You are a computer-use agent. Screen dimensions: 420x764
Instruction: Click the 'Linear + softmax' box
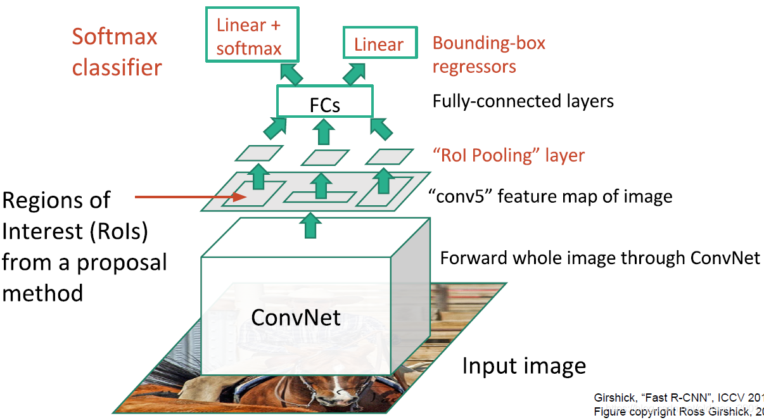pos(248,35)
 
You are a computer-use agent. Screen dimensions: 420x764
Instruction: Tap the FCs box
pos(325,103)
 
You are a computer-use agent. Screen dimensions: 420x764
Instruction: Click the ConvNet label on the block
pos(296,317)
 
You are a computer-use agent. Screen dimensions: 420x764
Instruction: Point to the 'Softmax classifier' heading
pos(116,51)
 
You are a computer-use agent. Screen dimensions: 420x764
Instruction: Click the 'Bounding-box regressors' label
pos(488,54)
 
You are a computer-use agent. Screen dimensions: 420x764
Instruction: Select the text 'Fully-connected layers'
pos(523,101)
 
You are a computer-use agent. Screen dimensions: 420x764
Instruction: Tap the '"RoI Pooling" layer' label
pos(509,155)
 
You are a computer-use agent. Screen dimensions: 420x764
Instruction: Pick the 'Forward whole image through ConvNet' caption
pos(600,258)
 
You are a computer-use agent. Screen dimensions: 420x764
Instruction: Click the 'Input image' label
pos(524,366)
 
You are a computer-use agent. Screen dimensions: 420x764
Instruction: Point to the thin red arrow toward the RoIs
pos(190,197)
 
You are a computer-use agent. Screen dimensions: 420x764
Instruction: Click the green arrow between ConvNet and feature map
pos(310,226)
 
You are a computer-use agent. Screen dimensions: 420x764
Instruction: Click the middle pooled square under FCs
pos(325,156)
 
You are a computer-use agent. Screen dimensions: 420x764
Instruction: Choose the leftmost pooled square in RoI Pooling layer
pos(259,153)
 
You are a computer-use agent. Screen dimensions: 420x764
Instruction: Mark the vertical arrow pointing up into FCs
pos(325,131)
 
